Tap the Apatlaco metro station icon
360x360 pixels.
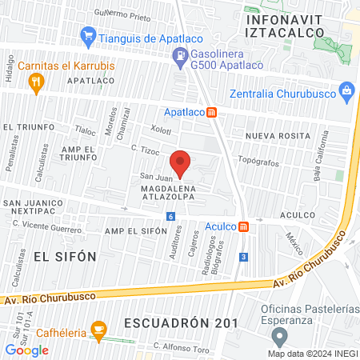(211, 113)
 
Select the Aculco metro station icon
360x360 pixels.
(243, 227)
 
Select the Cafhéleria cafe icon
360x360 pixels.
(99, 329)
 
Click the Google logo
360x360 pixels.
(26, 350)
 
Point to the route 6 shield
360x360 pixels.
(170, 217)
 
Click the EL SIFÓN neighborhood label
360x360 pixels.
(66, 256)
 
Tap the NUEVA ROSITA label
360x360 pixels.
(277, 136)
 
